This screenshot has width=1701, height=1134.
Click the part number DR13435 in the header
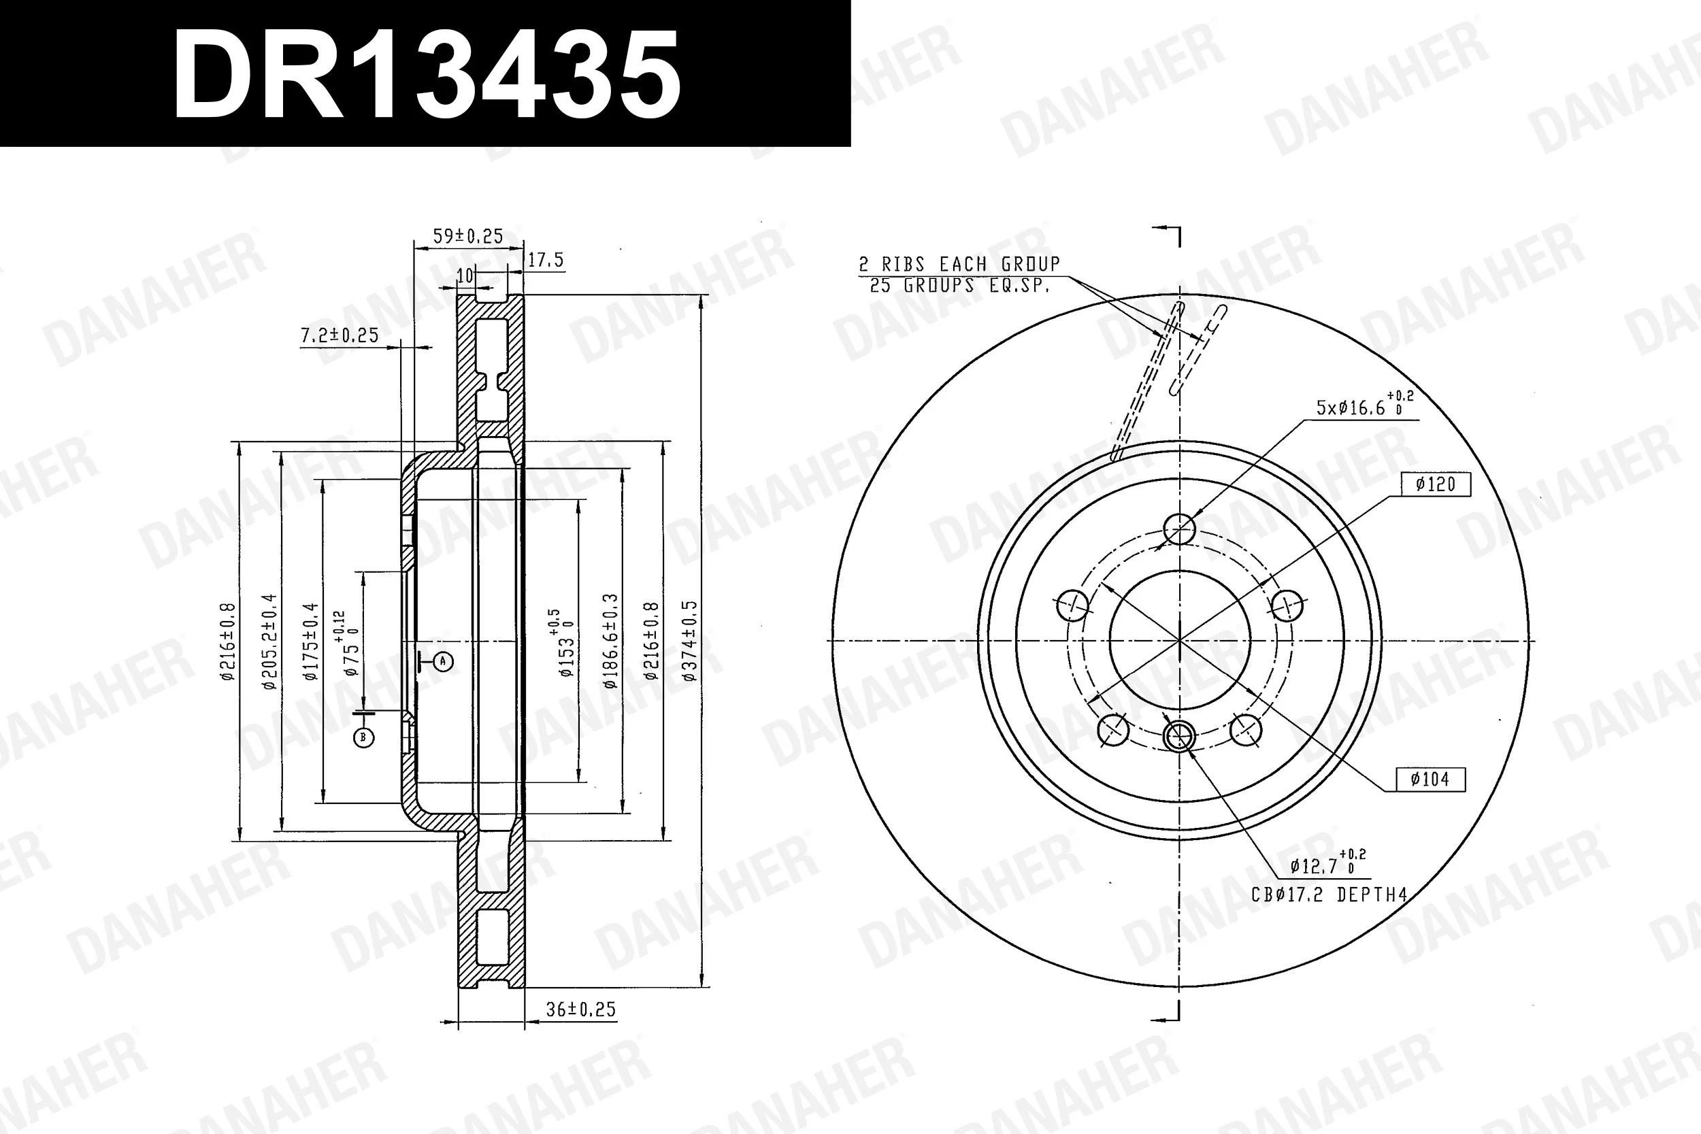click(x=427, y=75)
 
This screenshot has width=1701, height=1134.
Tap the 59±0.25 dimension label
click(x=468, y=236)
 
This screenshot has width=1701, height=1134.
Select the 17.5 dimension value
click(x=546, y=260)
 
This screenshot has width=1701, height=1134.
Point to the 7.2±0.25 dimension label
click(x=340, y=335)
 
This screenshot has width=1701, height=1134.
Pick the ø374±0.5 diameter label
click(x=689, y=641)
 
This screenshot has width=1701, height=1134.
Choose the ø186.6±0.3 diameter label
click(x=610, y=641)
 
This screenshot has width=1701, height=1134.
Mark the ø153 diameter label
click(x=563, y=643)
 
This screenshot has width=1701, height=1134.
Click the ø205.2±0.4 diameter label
click(x=269, y=641)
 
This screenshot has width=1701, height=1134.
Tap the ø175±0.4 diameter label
click(x=310, y=641)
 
